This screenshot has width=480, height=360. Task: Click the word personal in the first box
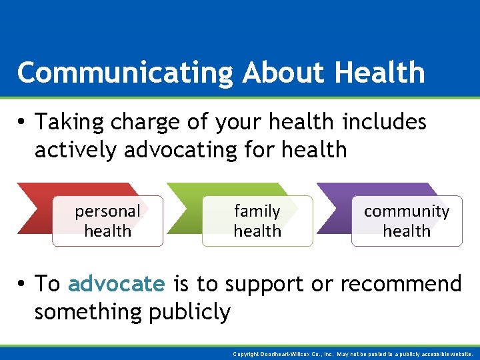(x=107, y=212)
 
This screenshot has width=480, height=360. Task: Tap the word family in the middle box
(x=257, y=211)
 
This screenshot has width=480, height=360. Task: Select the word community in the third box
(x=407, y=211)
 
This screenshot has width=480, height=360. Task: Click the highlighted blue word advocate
(x=116, y=284)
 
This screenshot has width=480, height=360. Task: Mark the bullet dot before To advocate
(x=22, y=285)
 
